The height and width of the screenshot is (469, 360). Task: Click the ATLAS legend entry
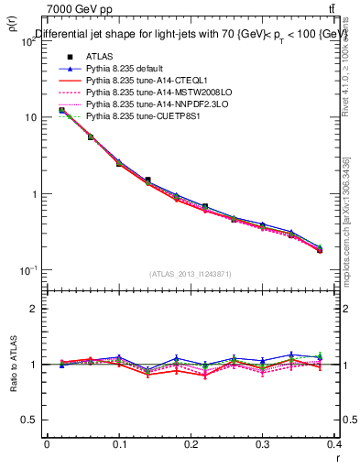(x=100, y=57)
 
